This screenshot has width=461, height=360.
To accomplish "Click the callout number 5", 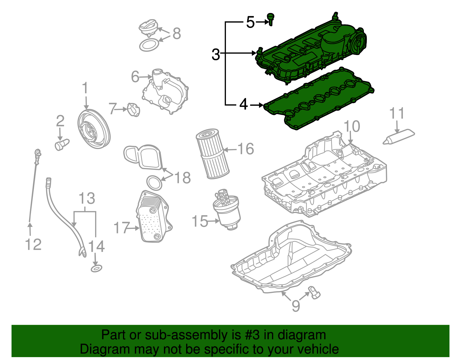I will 250,22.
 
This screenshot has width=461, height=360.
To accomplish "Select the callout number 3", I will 216,54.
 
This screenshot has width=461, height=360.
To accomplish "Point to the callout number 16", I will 245,149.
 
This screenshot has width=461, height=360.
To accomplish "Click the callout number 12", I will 33,244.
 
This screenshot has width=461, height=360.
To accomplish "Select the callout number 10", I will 352,126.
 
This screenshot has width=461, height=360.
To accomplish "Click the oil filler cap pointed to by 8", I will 149,27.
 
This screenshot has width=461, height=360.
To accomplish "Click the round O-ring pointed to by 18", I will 154,183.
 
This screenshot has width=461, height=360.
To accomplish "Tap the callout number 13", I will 87,199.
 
